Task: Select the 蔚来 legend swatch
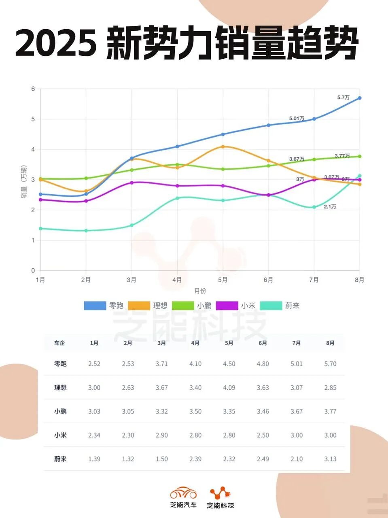(x=271, y=306)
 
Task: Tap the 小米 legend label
(x=248, y=306)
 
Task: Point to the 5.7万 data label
(x=343, y=98)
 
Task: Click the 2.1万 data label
(x=330, y=207)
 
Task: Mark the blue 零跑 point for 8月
(x=359, y=98)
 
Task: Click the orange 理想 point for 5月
(x=223, y=146)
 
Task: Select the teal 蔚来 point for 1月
(x=40, y=229)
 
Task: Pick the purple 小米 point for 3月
(x=131, y=183)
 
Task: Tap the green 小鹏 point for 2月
(x=86, y=178)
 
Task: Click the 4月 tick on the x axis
(x=177, y=280)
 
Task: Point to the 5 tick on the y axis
(x=33, y=119)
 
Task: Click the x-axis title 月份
(x=200, y=291)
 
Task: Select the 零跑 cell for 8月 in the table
(x=330, y=364)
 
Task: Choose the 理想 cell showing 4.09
(x=229, y=388)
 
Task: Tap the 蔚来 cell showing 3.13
(x=330, y=459)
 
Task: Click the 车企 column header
(x=59, y=343)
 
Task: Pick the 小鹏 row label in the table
(x=60, y=411)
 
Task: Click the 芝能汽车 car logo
(x=183, y=493)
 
